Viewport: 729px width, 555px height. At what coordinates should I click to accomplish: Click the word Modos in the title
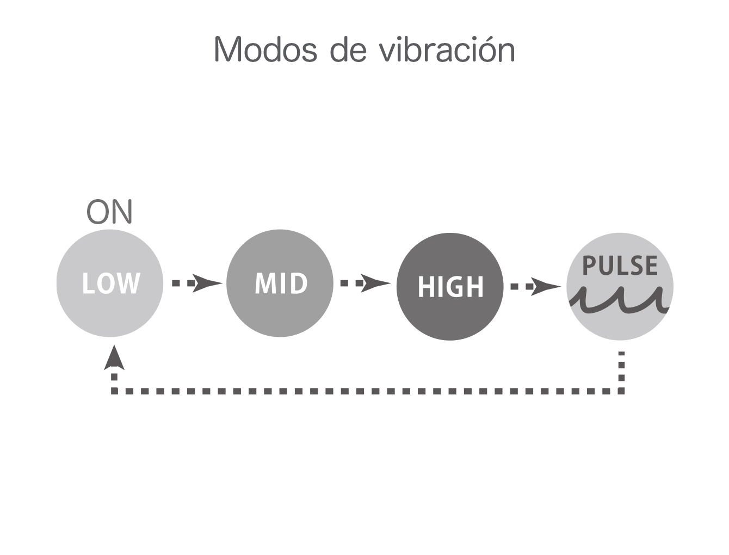point(265,49)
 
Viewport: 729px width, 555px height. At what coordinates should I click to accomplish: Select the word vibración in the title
point(447,48)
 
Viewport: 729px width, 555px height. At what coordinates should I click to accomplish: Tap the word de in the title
point(348,49)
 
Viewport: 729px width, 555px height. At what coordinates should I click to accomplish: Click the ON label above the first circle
point(109,212)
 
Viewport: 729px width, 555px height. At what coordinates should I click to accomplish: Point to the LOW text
point(111,283)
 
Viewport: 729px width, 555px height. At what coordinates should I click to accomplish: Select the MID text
point(281,283)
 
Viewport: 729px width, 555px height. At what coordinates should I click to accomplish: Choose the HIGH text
point(450,287)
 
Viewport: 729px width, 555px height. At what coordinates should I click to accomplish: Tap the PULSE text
point(620,266)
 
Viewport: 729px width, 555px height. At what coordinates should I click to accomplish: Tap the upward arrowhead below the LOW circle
point(114,357)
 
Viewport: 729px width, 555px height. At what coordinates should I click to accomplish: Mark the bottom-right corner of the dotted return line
point(622,391)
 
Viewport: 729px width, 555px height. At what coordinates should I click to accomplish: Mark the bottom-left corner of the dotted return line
point(114,391)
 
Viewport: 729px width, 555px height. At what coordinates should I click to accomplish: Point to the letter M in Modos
point(228,49)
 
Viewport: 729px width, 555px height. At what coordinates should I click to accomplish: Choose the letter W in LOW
point(128,283)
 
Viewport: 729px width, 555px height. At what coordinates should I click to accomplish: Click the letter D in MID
point(299,283)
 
